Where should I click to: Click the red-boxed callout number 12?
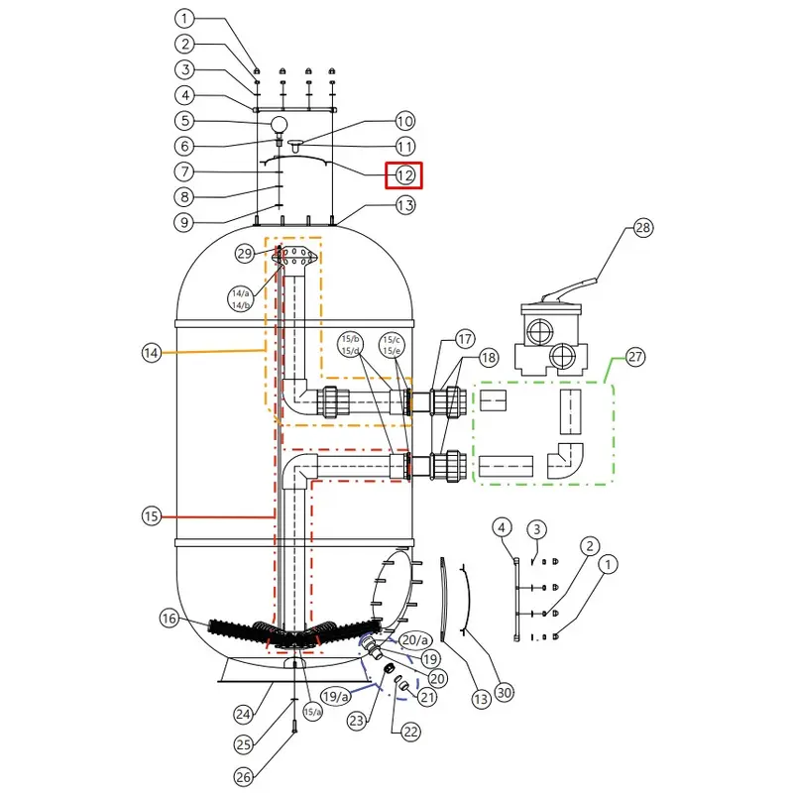[404, 175]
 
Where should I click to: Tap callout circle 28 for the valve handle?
[642, 228]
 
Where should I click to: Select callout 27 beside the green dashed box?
[635, 357]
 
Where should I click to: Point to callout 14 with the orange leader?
[152, 353]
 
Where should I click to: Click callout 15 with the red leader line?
[152, 516]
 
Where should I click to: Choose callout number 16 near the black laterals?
[169, 618]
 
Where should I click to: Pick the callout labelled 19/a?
[335, 697]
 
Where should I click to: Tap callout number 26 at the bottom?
[244, 777]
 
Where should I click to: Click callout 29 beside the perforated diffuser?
[245, 254]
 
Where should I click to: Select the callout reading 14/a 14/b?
[241, 299]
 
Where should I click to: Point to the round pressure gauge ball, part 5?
[280, 124]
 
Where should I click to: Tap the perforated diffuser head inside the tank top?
[296, 256]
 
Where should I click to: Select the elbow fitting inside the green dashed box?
[565, 461]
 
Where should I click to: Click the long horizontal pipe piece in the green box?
[506, 466]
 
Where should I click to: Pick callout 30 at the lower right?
[505, 692]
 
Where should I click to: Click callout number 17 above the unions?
[464, 339]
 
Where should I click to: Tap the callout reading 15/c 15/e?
[392, 345]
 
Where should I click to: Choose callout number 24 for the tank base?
[244, 714]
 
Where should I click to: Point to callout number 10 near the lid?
[404, 121]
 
